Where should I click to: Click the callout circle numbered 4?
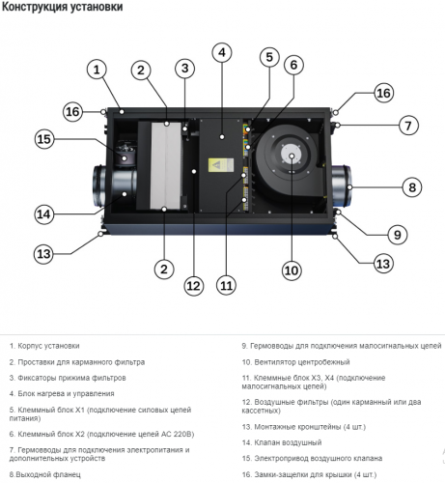222,52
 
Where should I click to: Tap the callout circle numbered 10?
292,270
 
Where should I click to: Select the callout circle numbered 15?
44,139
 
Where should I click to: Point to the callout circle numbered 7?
408,126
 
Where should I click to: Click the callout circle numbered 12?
194,286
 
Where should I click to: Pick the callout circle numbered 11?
226,285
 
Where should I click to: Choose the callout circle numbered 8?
412,187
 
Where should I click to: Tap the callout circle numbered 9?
398,235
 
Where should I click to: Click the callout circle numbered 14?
44,214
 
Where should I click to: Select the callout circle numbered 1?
97,70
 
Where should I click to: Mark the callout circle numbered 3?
184,68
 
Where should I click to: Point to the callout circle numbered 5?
269,57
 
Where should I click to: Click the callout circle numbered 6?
293,65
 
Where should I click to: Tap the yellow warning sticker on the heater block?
220,165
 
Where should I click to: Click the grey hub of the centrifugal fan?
292,156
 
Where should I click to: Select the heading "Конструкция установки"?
62,7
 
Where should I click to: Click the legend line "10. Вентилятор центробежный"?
295,362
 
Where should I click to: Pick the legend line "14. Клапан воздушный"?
282,442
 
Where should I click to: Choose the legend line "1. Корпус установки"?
44,346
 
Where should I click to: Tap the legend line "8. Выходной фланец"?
45,474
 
